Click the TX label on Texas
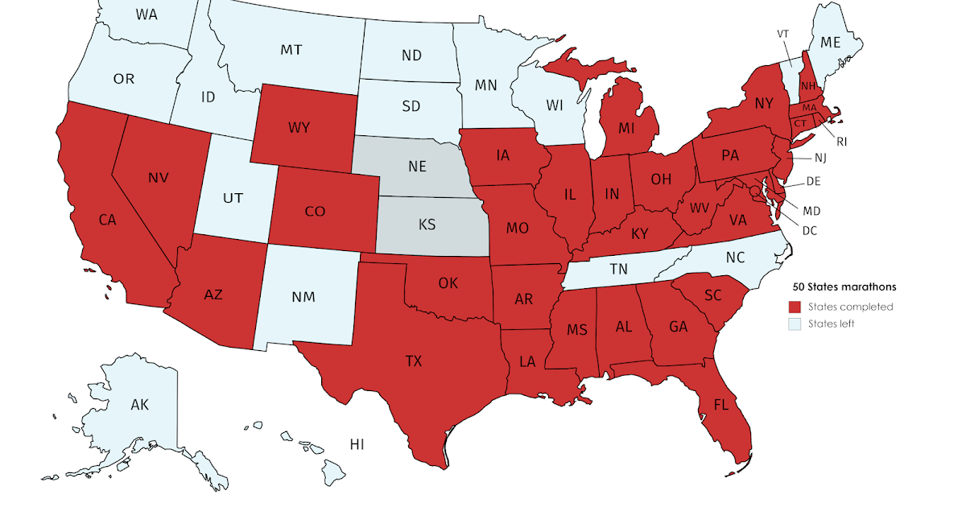click(413, 361)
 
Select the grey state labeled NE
click(416, 167)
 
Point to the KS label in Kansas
click(427, 225)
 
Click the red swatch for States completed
click(795, 307)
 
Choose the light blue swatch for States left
click(795, 324)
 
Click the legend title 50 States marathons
click(844, 286)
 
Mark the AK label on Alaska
click(140, 405)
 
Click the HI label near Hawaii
click(358, 443)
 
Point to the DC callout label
click(810, 230)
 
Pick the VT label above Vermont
click(782, 34)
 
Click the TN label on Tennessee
click(618, 270)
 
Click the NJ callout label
click(843, 159)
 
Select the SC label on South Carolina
click(712, 295)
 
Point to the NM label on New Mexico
click(303, 296)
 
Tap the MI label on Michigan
click(628, 128)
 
